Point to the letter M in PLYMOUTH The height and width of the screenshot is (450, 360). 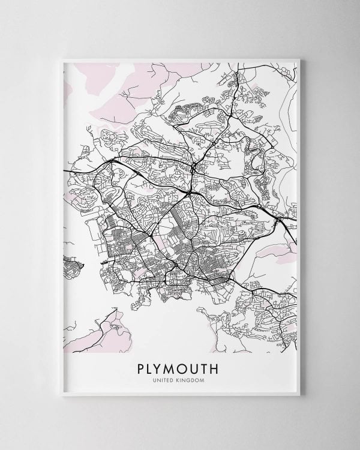tap(175, 367)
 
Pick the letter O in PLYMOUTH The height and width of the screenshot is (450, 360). tap(190, 367)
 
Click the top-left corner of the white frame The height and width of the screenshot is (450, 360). tap(58, 56)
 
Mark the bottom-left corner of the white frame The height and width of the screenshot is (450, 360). tap(58, 399)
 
